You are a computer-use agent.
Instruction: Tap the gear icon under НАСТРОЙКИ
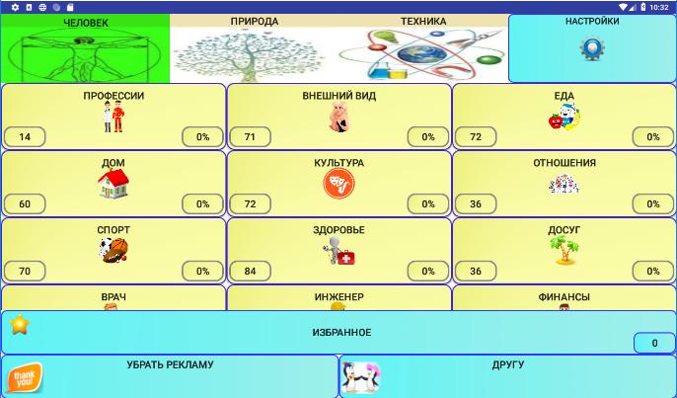(592, 48)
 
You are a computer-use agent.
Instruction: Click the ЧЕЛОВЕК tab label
(86, 23)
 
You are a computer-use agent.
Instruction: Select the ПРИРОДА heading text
(255, 21)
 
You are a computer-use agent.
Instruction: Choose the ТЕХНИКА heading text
(423, 21)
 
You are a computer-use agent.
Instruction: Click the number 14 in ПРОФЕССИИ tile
(25, 137)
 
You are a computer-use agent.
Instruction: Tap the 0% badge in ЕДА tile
(653, 137)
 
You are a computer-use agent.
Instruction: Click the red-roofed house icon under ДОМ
(113, 184)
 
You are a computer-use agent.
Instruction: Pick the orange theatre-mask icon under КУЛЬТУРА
(338, 184)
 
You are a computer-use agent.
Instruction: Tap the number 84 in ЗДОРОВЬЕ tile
(250, 271)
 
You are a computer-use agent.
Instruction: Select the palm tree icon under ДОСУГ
(564, 250)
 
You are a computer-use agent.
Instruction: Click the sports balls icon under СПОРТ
(113, 250)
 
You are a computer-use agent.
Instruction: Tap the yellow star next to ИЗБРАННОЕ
(20, 325)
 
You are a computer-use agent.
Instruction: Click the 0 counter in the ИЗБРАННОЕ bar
(654, 343)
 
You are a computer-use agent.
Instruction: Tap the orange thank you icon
(24, 378)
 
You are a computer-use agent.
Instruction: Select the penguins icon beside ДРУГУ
(361, 377)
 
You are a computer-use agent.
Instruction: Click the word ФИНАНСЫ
(564, 297)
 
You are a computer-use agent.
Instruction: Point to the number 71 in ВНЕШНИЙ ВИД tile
(250, 137)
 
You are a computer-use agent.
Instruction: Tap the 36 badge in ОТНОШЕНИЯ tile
(476, 204)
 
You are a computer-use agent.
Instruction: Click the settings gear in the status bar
(15, 7)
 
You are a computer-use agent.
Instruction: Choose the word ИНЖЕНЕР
(338, 297)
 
